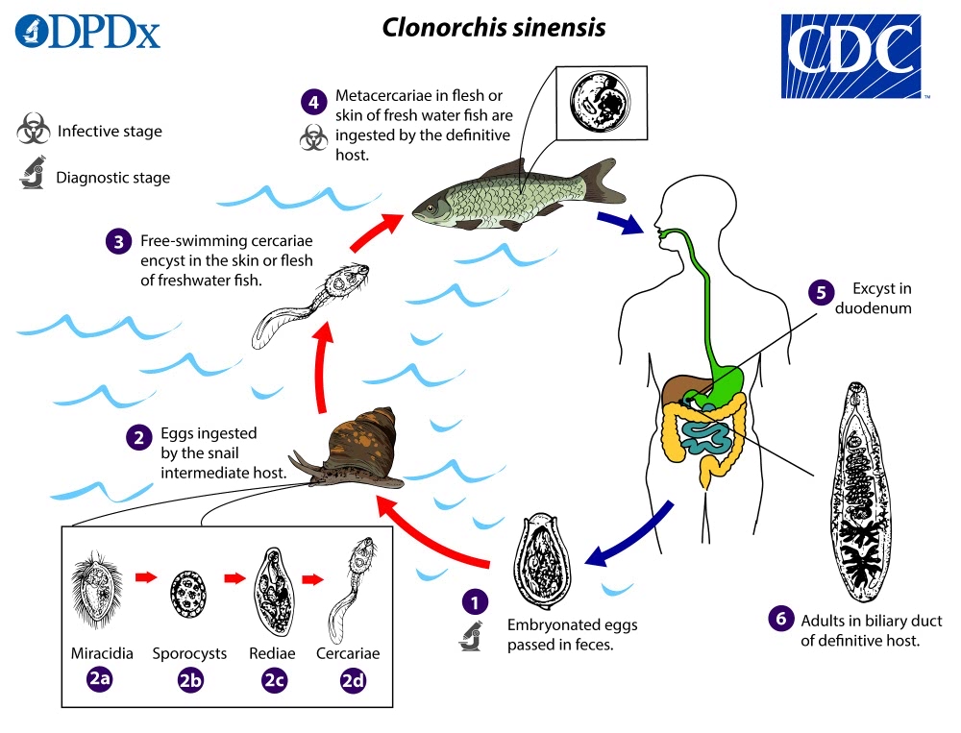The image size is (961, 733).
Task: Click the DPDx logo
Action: pos(88,32)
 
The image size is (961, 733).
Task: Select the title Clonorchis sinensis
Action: pos(494,27)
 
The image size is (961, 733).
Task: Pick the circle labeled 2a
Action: pos(100,679)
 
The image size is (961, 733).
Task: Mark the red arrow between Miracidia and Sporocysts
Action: pos(145,577)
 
